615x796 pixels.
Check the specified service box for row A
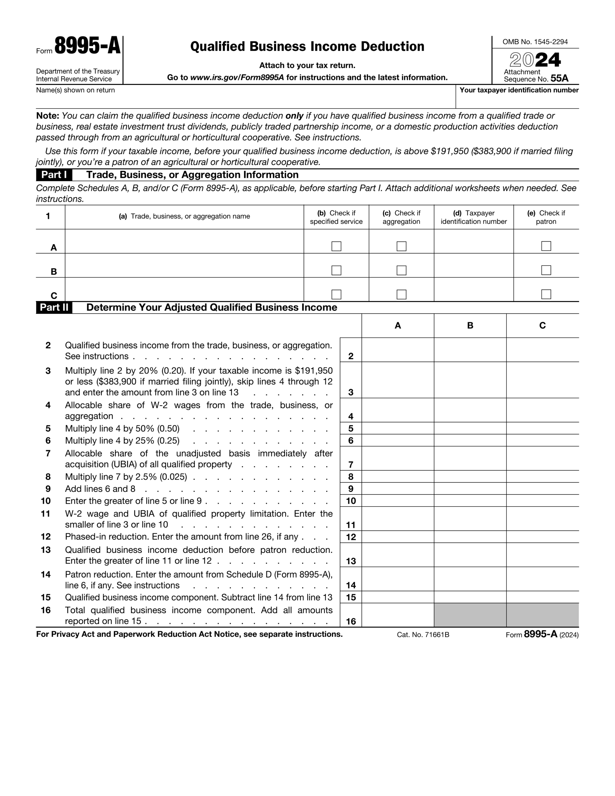click(x=336, y=246)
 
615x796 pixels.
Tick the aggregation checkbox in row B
click(x=401, y=270)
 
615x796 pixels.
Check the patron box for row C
click(x=546, y=294)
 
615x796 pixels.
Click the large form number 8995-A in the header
click(x=87, y=46)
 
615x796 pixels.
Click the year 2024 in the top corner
click(x=535, y=60)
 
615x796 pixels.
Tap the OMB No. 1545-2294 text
click(x=535, y=42)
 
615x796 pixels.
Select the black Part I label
click(x=54, y=175)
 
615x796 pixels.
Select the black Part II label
click(x=54, y=307)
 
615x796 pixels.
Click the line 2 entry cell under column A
click(x=397, y=350)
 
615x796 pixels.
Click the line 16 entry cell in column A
click(x=397, y=615)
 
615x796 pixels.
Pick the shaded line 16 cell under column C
click(x=542, y=615)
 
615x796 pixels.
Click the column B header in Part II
click(x=470, y=326)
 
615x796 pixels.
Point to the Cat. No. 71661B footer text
click(x=423, y=635)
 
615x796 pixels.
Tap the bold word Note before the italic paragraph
click(x=47, y=116)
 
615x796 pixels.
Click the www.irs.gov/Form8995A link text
click(x=237, y=77)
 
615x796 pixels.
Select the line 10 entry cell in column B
click(x=470, y=501)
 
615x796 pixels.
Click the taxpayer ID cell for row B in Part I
click(x=473, y=266)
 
